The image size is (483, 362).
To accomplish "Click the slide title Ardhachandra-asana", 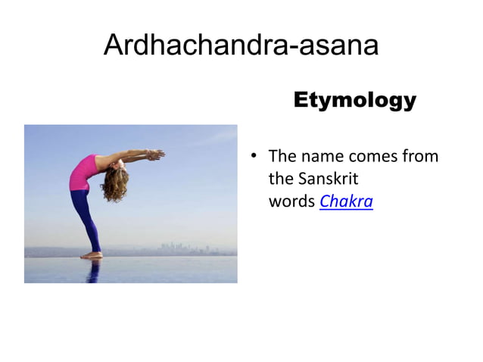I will pyautogui.click(x=241, y=45).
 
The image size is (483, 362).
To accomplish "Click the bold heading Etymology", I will pyautogui.click(x=354, y=100).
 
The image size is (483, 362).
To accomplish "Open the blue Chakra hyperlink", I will pyautogui.click(x=346, y=202).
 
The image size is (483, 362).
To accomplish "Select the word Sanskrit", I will pyautogui.click(x=329, y=179).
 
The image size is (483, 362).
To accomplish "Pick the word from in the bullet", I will pyautogui.click(x=421, y=158).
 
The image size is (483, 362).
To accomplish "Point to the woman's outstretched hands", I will pyautogui.click(x=154, y=154).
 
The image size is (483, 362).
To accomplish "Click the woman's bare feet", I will pyautogui.click(x=92, y=256).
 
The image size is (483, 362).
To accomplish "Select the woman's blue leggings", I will pyautogui.click(x=85, y=220).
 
